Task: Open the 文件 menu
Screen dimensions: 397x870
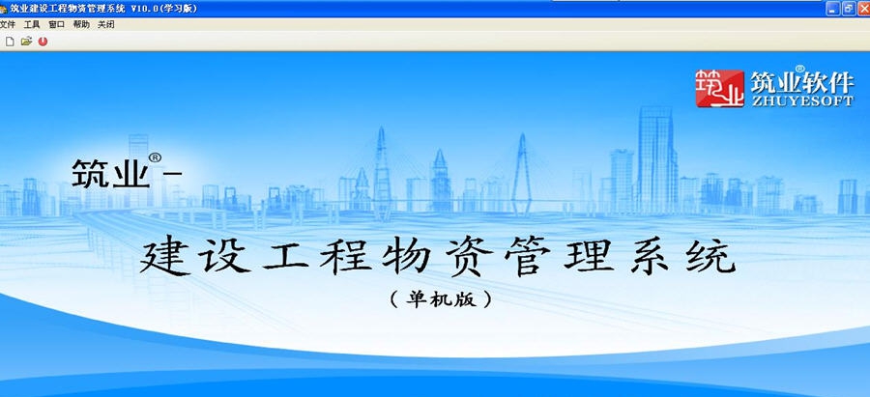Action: (x=8, y=24)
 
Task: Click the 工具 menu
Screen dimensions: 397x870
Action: (x=32, y=24)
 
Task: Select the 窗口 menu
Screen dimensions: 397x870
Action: (x=57, y=24)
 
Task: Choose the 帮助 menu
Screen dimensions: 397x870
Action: (x=81, y=24)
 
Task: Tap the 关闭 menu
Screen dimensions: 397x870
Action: (x=105, y=24)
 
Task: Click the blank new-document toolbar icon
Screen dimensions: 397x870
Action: (x=10, y=42)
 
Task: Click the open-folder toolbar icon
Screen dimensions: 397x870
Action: (x=26, y=42)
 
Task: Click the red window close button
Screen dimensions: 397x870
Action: (x=862, y=8)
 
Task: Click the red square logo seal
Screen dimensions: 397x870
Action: (x=721, y=88)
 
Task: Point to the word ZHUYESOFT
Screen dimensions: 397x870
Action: (x=801, y=100)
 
